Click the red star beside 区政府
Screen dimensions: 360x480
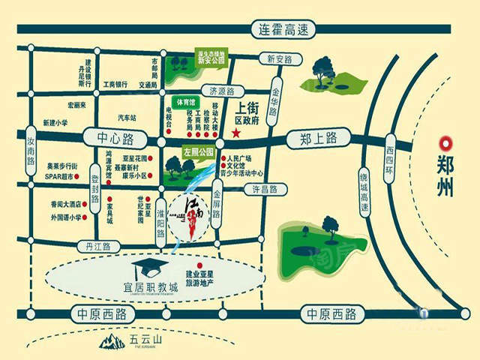(235, 133)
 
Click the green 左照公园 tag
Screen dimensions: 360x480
(199, 151)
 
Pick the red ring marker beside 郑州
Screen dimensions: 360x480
(445, 142)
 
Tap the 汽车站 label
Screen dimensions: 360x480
(128, 118)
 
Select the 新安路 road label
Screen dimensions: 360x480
(272, 58)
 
